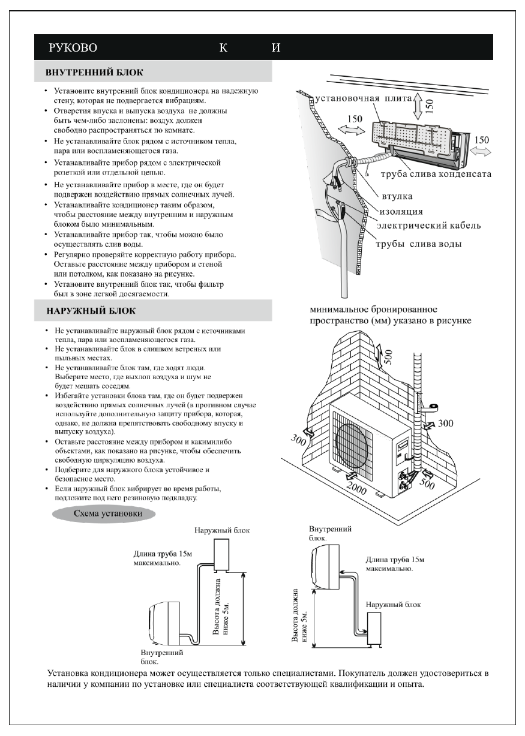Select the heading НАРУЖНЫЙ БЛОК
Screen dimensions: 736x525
click(x=91, y=311)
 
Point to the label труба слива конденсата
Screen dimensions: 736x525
click(x=436, y=174)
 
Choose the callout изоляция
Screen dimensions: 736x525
click(x=401, y=211)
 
